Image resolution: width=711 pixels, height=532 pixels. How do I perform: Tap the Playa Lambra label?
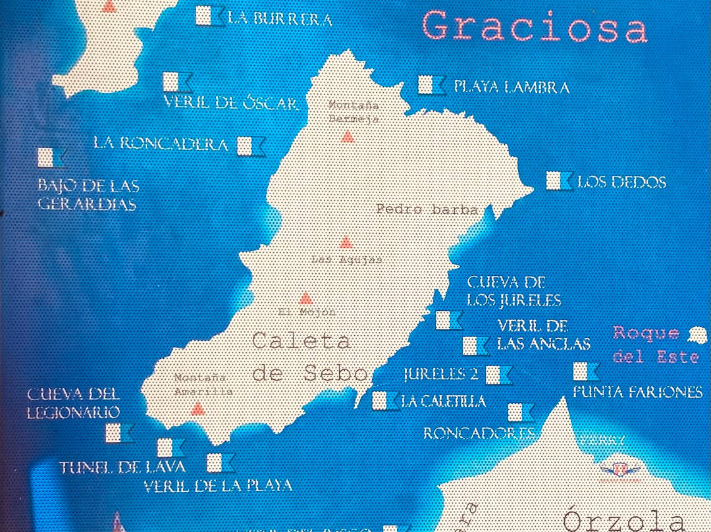click(x=512, y=86)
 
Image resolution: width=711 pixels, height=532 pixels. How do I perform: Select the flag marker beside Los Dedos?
click(x=560, y=181)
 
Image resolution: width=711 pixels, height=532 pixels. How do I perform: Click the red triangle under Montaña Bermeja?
click(x=347, y=137)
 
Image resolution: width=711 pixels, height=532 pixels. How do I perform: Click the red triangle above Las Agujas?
click(x=346, y=243)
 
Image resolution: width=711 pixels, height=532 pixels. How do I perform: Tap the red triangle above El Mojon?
click(x=305, y=298)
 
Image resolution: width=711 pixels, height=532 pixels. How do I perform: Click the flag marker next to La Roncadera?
click(x=251, y=146)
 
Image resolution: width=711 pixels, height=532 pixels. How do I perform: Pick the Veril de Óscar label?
click(x=230, y=103)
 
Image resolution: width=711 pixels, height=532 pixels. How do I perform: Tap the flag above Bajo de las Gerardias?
click(x=51, y=157)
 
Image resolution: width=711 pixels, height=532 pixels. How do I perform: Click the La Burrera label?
click(x=280, y=18)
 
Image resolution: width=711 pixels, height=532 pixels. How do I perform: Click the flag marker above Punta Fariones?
click(x=585, y=371)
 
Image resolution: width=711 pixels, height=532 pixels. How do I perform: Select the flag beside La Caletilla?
click(x=385, y=400)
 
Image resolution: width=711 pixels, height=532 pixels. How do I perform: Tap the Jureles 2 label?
click(x=440, y=375)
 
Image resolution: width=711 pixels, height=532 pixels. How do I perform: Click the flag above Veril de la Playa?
click(x=220, y=463)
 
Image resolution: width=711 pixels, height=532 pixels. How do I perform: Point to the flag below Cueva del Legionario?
click(x=119, y=433)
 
